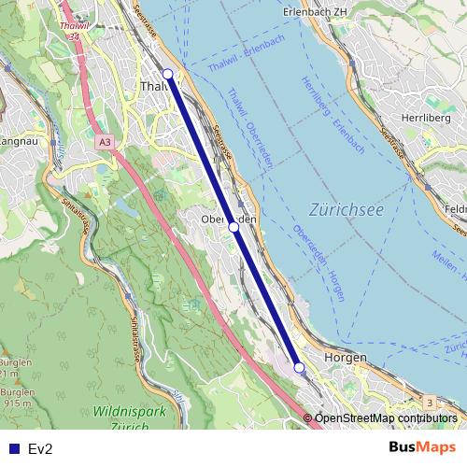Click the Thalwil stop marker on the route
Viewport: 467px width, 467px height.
tap(168, 74)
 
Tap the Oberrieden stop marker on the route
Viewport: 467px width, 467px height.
tap(233, 226)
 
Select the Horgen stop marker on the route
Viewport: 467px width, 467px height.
tap(299, 368)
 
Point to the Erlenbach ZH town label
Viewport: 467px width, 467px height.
tap(318, 12)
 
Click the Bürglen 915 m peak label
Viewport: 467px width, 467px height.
tap(14, 398)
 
